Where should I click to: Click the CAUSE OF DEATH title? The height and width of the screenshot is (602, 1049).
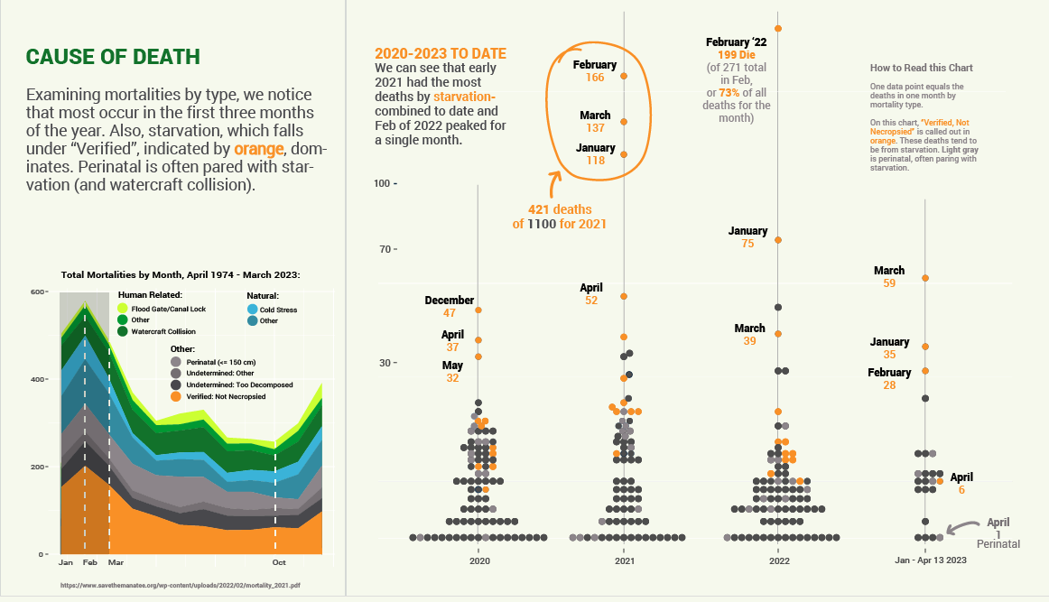(x=113, y=57)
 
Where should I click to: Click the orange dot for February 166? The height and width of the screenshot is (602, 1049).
(x=624, y=76)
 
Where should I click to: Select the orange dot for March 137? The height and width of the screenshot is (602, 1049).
(x=624, y=121)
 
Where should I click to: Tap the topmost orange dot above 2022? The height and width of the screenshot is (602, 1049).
(x=778, y=29)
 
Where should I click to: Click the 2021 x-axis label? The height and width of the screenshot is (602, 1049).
(x=624, y=561)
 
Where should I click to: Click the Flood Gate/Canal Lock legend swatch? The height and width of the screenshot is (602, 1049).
(x=124, y=309)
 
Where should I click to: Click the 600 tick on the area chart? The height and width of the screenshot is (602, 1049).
(x=39, y=292)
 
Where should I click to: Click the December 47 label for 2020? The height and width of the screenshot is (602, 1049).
(x=450, y=306)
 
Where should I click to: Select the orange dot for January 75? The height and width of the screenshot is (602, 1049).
(x=778, y=240)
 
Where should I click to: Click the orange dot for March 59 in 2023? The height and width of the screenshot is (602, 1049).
(x=925, y=278)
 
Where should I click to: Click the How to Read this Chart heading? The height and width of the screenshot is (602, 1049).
(x=921, y=68)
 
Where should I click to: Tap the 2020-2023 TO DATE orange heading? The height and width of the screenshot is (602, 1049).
(x=441, y=53)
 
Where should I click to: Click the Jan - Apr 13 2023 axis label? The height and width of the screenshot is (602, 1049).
(x=930, y=561)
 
